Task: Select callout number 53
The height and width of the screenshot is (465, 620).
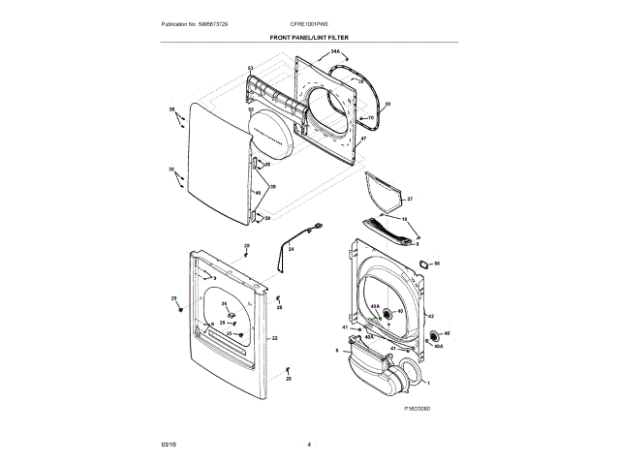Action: pyautogui.click(x=250, y=67)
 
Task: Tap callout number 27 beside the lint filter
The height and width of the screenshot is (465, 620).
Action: pyautogui.click(x=409, y=200)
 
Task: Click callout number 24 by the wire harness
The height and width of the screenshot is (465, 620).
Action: pyautogui.click(x=290, y=249)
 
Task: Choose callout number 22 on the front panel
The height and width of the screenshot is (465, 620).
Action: pyautogui.click(x=275, y=338)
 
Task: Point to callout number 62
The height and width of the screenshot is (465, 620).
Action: pyautogui.click(x=430, y=316)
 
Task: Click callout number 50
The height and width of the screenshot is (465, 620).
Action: pyautogui.click(x=437, y=263)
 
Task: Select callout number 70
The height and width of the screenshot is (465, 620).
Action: pyautogui.click(x=370, y=118)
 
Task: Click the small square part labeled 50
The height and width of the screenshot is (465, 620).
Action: pyautogui.click(x=423, y=262)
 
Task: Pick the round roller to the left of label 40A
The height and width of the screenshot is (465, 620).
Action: pyautogui.click(x=388, y=313)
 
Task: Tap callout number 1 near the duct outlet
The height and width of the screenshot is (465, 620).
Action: pyautogui.click(x=428, y=383)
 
